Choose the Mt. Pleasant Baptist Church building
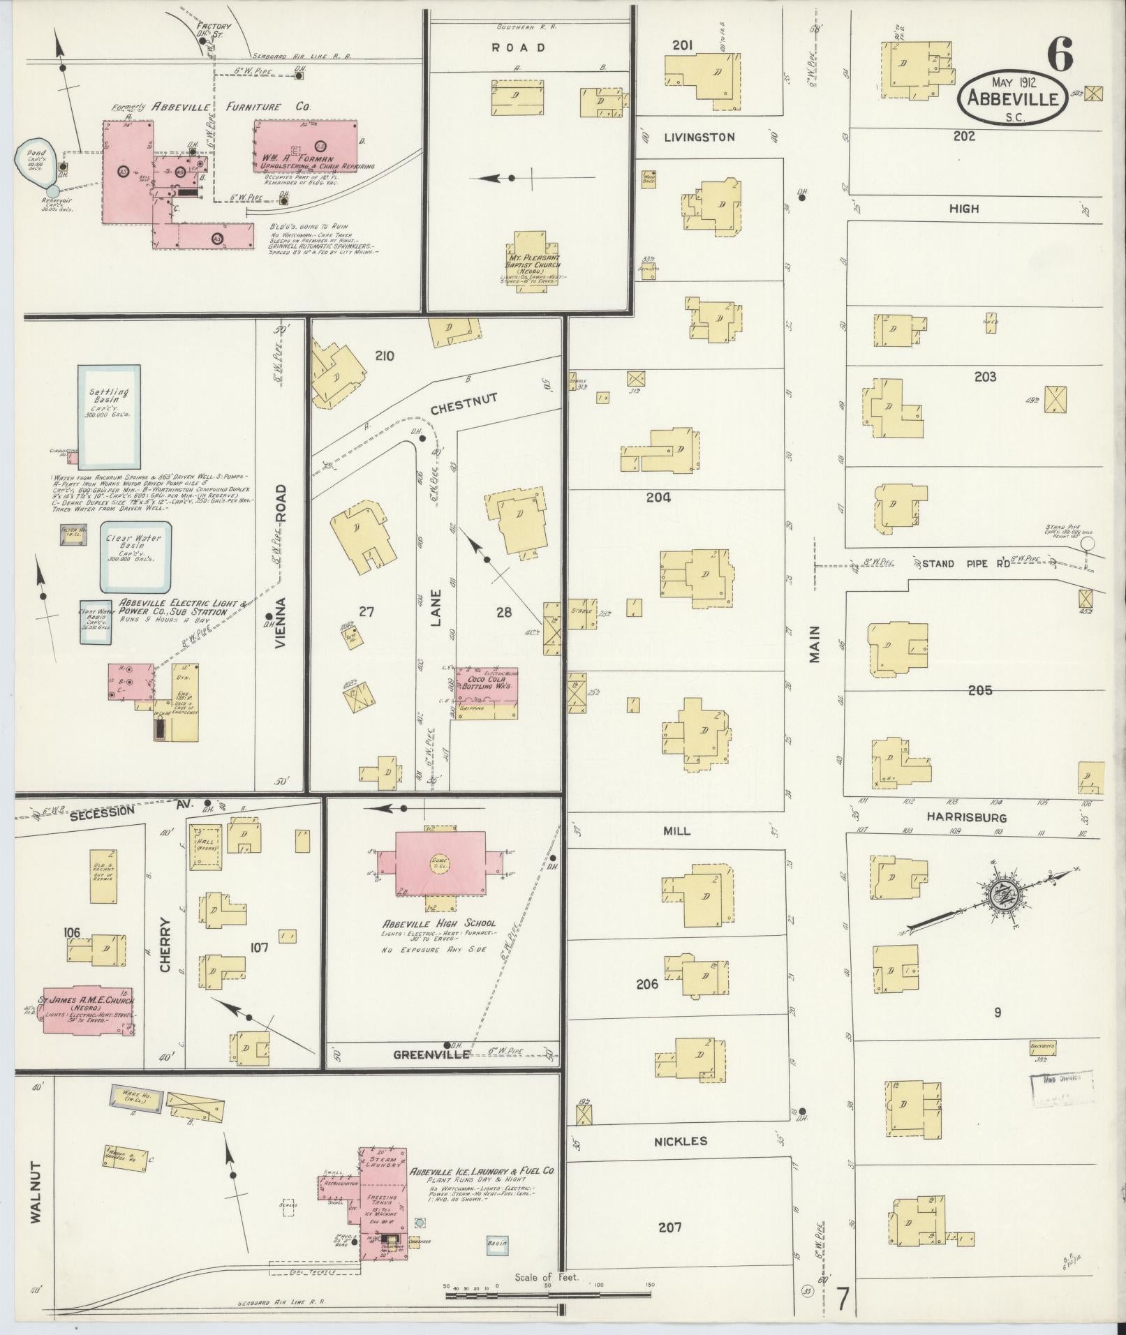click(x=537, y=264)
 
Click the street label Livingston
click(x=700, y=137)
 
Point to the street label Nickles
click(x=681, y=1141)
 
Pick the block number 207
click(x=669, y=1227)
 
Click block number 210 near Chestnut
click(x=384, y=356)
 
